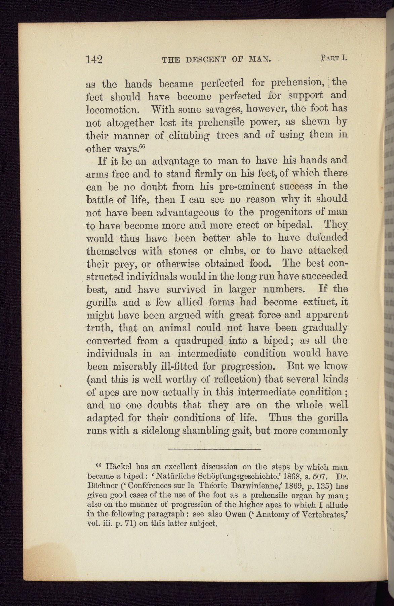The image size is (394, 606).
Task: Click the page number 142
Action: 94,59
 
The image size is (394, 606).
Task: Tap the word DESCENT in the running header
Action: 205,60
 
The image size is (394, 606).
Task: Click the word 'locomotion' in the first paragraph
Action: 112,110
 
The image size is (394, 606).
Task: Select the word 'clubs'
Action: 234,251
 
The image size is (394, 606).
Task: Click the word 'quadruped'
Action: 199,341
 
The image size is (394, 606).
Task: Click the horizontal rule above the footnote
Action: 214,449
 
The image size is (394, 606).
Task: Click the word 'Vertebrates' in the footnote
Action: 318,514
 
